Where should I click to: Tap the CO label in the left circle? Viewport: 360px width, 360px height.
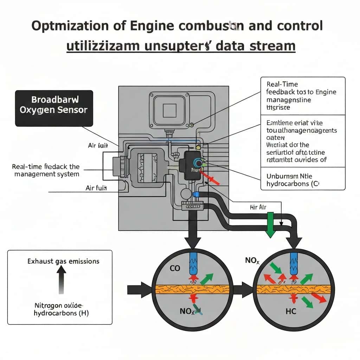pyautogui.click(x=175, y=269)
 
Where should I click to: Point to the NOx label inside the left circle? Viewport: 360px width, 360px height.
pyautogui.click(x=187, y=311)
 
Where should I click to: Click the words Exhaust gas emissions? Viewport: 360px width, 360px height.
pyautogui.click(x=63, y=261)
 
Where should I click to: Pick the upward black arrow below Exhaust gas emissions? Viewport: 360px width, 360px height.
pyautogui.click(x=62, y=279)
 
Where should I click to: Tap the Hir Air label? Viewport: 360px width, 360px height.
pyautogui.click(x=258, y=207)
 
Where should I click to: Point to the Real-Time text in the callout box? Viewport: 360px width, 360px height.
pyautogui.click(x=277, y=84)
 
